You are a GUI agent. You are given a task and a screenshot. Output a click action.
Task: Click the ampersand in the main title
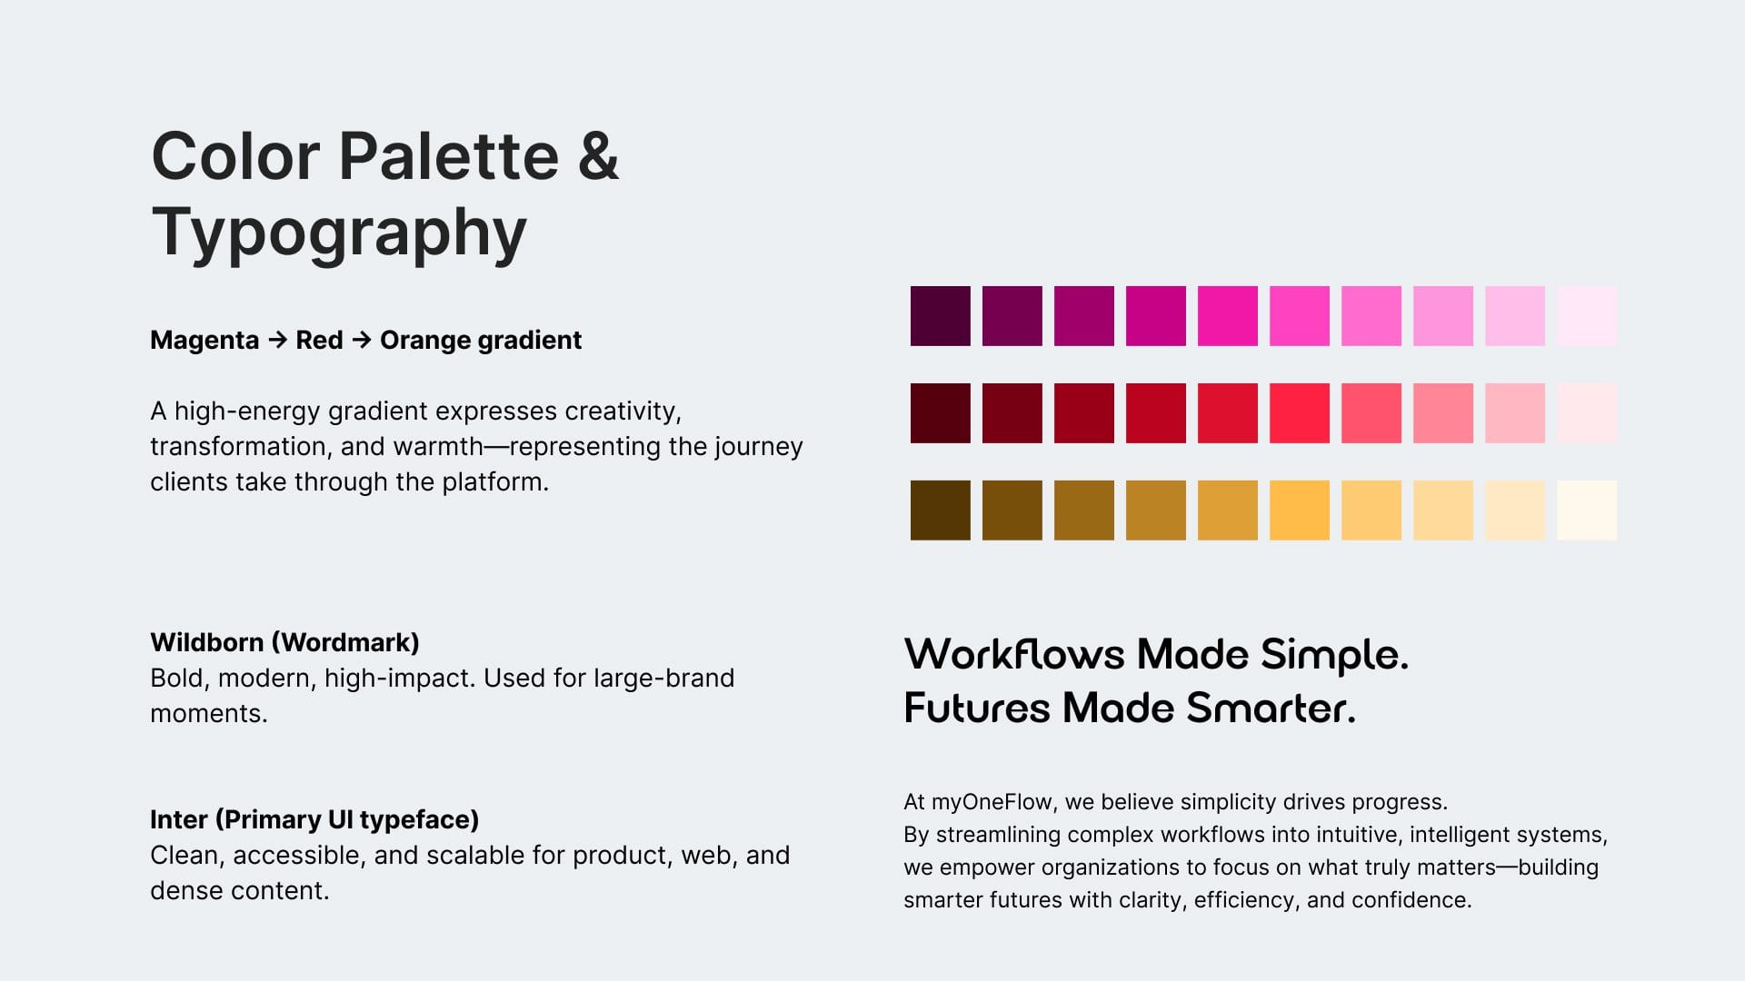pos(598,155)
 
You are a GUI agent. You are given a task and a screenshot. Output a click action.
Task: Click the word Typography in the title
pos(339,233)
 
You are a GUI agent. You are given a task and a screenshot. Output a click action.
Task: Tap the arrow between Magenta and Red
pos(278,340)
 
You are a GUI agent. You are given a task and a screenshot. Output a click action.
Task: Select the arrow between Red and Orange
pos(362,340)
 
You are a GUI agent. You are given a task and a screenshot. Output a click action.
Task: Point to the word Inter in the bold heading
pos(179,819)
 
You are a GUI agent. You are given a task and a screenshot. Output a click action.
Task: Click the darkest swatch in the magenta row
pos(940,316)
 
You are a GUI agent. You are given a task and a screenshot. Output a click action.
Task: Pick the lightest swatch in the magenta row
pos(1587,316)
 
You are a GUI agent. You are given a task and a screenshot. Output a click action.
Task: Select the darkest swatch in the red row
pos(940,413)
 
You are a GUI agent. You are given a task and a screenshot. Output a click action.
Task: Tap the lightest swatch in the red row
pos(1587,413)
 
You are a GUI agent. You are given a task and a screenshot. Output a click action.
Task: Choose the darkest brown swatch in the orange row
pos(940,510)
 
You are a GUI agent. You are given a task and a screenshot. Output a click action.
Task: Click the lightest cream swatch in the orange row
pos(1587,510)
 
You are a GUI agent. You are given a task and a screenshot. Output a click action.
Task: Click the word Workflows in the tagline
pos(1014,654)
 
